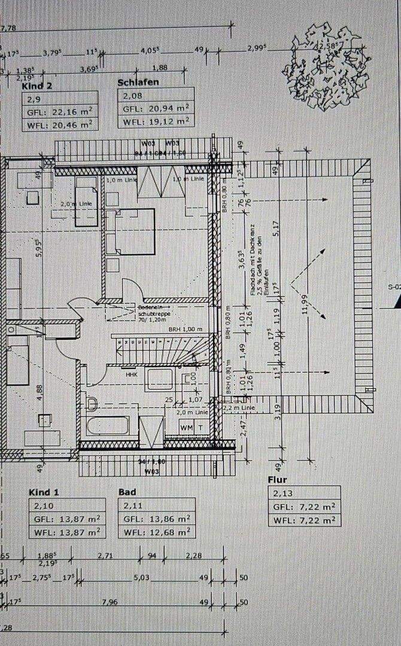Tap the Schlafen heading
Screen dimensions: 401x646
tap(138, 82)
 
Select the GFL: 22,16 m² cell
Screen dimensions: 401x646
tap(59, 112)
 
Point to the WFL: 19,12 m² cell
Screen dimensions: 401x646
tap(156, 121)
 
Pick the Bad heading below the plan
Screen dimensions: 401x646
tap(127, 492)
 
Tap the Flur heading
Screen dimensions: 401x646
tap(277, 480)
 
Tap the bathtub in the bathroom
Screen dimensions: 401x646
tap(108, 427)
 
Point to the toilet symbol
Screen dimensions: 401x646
tap(92, 404)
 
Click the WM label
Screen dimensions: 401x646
tap(186, 427)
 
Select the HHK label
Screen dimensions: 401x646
tap(131, 374)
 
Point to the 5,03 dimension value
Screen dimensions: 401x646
tap(141, 578)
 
